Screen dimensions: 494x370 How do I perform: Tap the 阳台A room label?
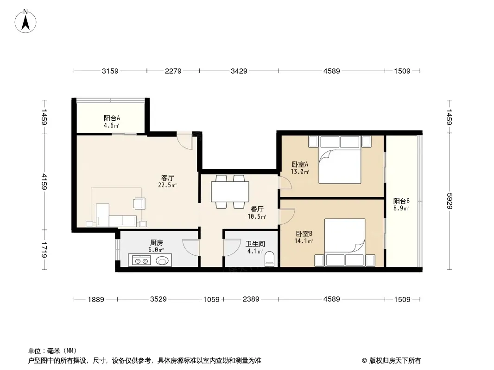(112, 118)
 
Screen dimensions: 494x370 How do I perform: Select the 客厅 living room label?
(168, 178)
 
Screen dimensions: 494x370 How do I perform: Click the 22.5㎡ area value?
(167, 185)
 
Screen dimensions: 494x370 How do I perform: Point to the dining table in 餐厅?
(230, 192)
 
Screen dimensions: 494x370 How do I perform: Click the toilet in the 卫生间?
(270, 259)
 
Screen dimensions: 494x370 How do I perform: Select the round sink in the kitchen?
(162, 260)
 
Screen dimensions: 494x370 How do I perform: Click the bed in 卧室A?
(340, 160)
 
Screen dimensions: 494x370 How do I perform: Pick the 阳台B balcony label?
(401, 201)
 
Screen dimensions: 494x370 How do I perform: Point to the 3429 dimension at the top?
(239, 71)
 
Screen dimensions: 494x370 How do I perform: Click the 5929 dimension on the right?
(449, 201)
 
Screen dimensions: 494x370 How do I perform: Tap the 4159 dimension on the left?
(44, 182)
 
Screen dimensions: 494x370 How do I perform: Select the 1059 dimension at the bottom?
(211, 299)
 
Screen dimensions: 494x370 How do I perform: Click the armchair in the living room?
(139, 203)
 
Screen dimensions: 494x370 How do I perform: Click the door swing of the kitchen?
(191, 247)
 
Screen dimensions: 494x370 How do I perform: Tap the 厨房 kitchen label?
(157, 243)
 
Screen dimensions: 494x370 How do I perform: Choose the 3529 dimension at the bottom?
(158, 299)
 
